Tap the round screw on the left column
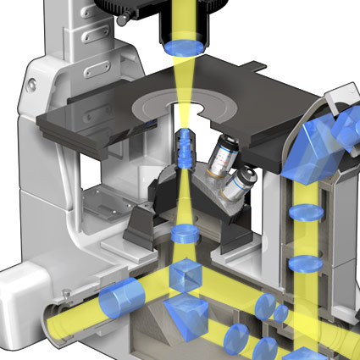(x=32, y=84)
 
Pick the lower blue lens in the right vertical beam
(x=302, y=263)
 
